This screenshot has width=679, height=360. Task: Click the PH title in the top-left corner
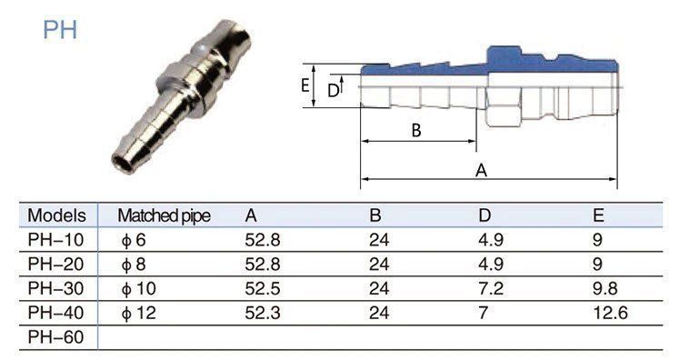(60, 29)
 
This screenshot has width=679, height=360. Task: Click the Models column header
(56, 215)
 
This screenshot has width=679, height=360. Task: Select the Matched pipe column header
(165, 215)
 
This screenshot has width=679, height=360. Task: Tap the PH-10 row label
(55, 240)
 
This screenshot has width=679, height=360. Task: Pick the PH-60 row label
(55, 337)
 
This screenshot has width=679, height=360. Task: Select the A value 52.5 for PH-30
(263, 288)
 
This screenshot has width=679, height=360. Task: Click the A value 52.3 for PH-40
(263, 313)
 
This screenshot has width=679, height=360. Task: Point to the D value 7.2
(491, 288)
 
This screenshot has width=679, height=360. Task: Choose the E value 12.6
(610, 313)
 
